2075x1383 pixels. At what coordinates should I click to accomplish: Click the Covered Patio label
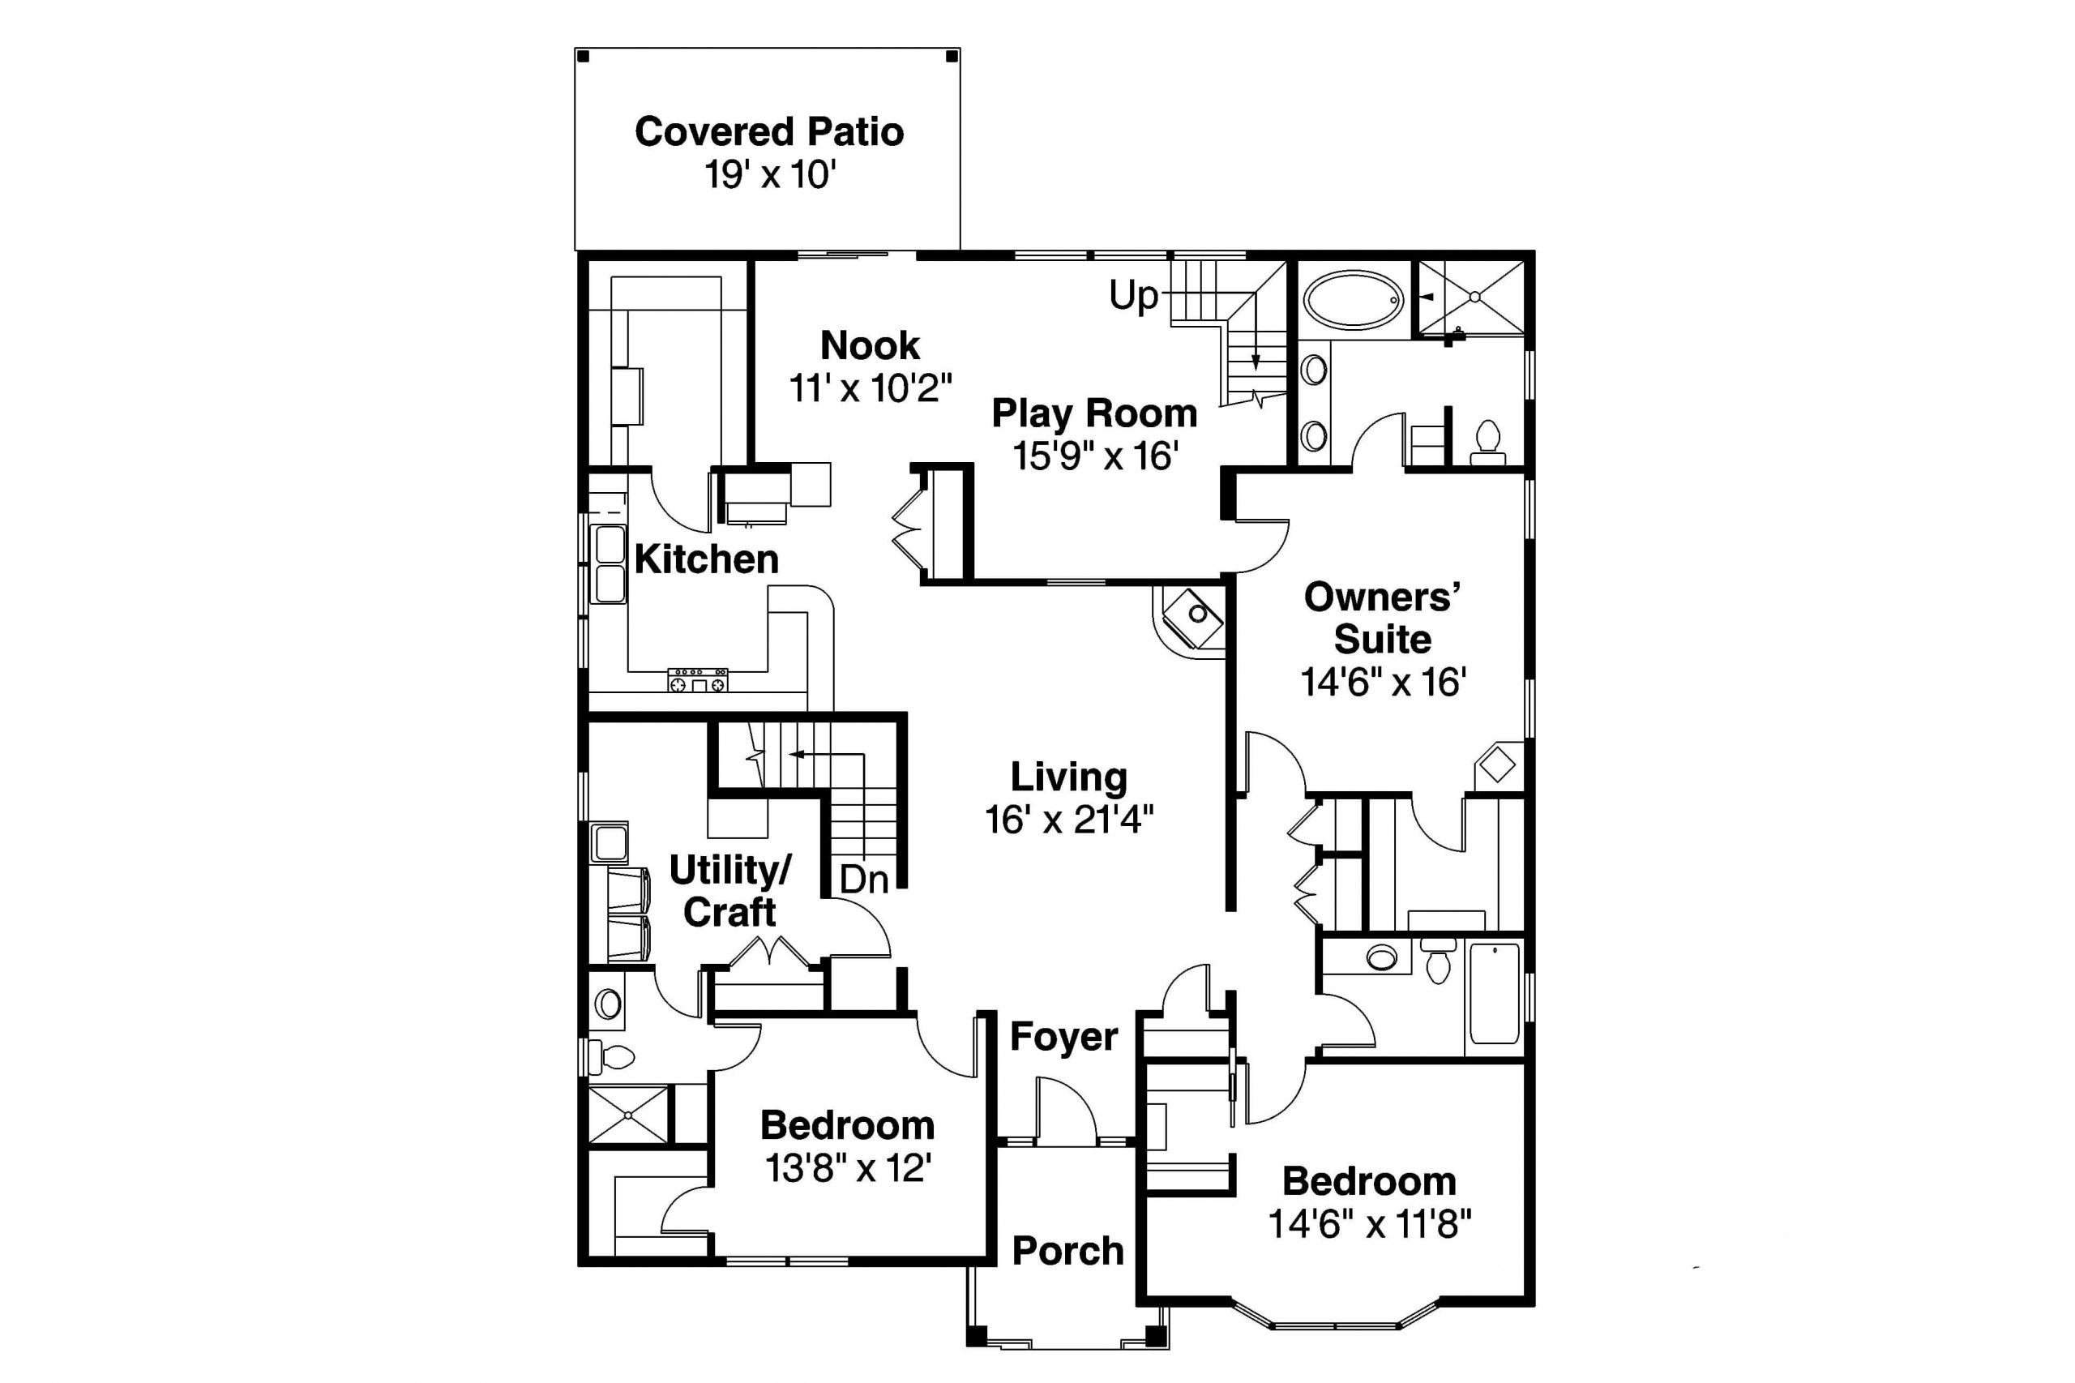tap(769, 132)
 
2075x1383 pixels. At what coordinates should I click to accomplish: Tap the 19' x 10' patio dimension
tap(769, 174)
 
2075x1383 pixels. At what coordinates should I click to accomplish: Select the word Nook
tap(870, 345)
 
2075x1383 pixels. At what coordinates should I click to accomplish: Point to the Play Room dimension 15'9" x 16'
tap(1094, 456)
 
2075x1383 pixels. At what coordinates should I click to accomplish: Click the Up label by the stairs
tap(1133, 295)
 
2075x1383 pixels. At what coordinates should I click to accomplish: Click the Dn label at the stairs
tap(863, 880)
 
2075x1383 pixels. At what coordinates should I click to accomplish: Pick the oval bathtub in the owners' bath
tap(1353, 300)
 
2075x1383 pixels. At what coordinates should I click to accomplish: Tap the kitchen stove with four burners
tap(698, 680)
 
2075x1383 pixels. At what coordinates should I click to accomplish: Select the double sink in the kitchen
tap(609, 563)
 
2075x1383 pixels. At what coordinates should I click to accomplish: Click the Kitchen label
tap(706, 559)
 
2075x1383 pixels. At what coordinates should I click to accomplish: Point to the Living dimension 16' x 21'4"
tap(1069, 820)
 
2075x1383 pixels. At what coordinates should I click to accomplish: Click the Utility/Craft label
tap(730, 891)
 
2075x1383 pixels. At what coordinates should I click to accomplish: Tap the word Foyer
tap(1063, 1036)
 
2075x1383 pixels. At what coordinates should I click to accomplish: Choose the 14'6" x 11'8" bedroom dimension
tap(1370, 1224)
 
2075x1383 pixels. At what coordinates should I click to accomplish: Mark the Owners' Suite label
tap(1382, 618)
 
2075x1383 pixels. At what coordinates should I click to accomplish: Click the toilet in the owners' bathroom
tap(1487, 441)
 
